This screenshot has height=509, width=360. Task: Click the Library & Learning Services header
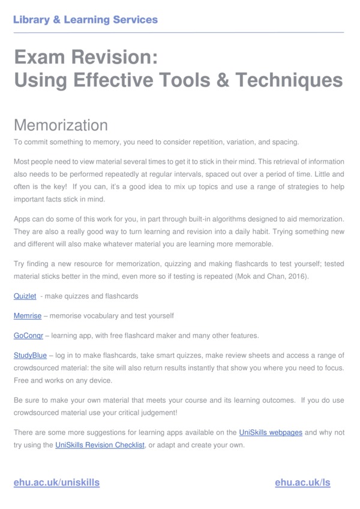point(85,19)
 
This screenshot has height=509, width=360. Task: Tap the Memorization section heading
point(61,125)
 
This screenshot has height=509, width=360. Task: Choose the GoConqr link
point(28,335)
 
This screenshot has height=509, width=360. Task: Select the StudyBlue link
point(30,355)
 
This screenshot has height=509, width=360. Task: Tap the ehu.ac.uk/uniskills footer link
point(56,482)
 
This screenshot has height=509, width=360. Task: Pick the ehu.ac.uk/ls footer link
point(302,482)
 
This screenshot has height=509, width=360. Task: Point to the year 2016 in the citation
point(298,276)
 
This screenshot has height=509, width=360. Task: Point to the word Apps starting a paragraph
point(23,219)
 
